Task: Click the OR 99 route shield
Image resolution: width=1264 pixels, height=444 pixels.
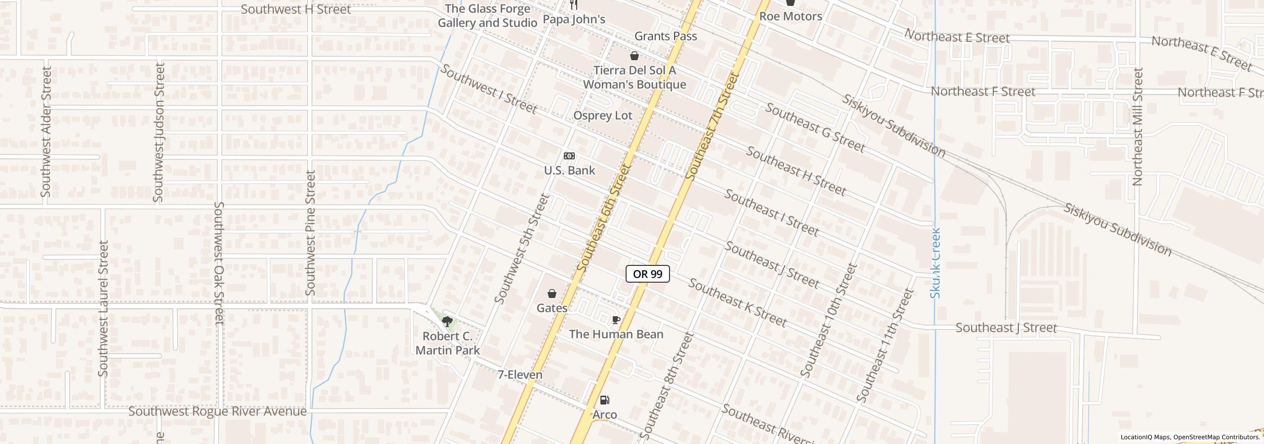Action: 647,274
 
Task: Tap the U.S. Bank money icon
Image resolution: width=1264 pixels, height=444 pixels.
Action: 569,156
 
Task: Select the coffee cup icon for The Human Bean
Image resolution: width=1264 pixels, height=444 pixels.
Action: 616,320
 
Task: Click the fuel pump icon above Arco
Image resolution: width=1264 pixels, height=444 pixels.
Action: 604,400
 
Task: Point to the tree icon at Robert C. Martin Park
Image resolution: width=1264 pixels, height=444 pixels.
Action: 447,322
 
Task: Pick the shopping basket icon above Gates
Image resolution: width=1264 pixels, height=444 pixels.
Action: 552,294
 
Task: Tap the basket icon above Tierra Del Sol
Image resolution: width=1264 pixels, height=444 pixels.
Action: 634,56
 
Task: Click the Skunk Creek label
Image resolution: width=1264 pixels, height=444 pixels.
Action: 935,262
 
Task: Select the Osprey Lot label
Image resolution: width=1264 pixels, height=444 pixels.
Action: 602,115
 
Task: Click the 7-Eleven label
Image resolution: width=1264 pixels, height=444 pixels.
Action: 520,375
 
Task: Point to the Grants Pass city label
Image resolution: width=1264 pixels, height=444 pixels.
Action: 666,36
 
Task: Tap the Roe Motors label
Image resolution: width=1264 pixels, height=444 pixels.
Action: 790,16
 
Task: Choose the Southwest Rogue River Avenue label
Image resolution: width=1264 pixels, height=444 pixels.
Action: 217,411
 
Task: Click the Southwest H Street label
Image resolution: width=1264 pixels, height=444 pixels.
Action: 296,9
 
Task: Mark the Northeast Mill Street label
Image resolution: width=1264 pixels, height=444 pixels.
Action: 1138,127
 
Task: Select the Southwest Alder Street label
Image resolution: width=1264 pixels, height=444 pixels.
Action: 46,132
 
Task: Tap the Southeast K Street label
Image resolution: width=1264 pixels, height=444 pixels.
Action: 737,303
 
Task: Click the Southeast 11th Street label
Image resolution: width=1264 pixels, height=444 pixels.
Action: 885,345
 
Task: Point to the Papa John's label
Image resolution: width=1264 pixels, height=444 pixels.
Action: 574,19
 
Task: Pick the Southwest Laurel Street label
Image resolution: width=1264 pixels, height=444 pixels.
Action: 103,308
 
